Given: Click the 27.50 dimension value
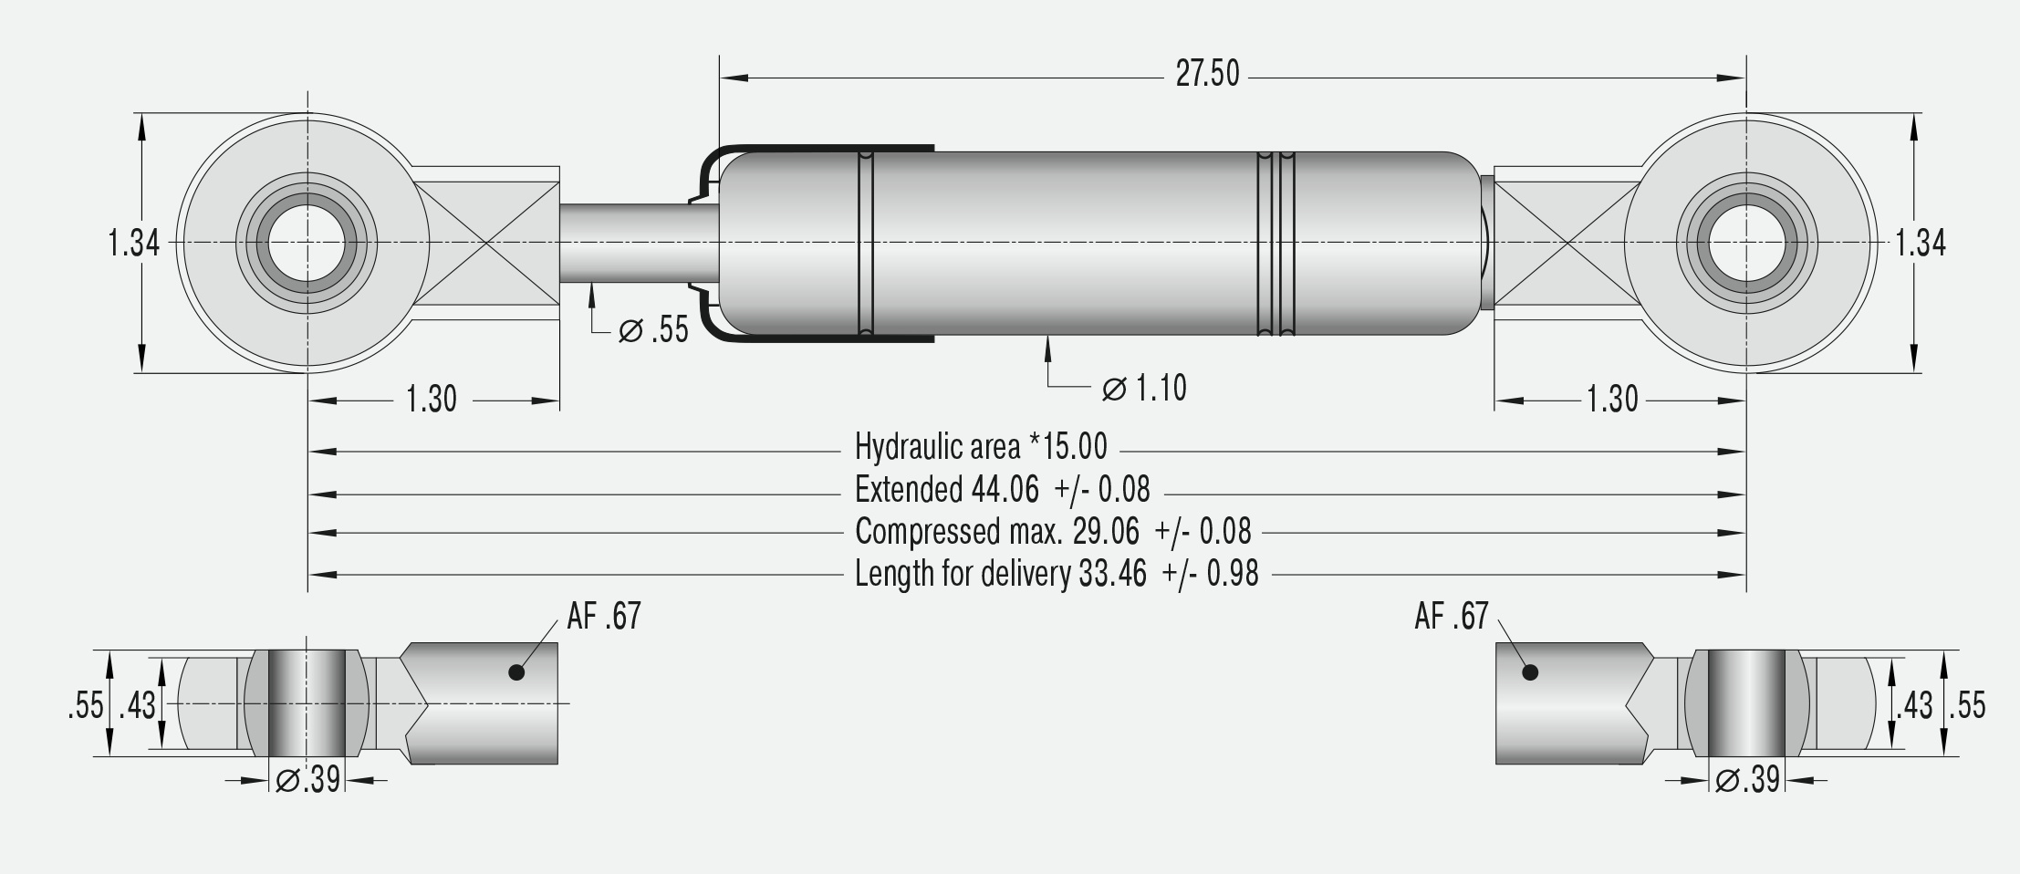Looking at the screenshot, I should point(1207,74).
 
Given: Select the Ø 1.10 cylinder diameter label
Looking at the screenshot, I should point(1144,389).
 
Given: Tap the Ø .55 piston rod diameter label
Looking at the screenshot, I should point(653,330).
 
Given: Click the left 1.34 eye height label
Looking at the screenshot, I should point(133,244).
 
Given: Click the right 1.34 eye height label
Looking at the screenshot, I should point(1921,244).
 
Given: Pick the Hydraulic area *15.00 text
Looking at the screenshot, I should point(981,447).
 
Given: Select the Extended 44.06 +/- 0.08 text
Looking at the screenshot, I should point(1002,491).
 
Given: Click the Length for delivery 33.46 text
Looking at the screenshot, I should point(1056,574).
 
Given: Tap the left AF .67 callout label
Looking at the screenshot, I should point(604,617).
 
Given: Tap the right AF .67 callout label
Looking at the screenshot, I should point(1451,617).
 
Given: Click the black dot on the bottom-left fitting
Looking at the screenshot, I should point(516,672).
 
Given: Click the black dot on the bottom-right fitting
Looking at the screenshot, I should point(1531,672).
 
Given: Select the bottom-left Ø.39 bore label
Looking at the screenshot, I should point(308,780).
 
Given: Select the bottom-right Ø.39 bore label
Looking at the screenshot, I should point(1747,780).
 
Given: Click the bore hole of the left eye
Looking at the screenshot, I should point(307,244).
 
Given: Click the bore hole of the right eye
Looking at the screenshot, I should point(1746,244).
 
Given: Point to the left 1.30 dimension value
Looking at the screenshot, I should point(431,400).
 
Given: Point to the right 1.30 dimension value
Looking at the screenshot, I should point(1612,400).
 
